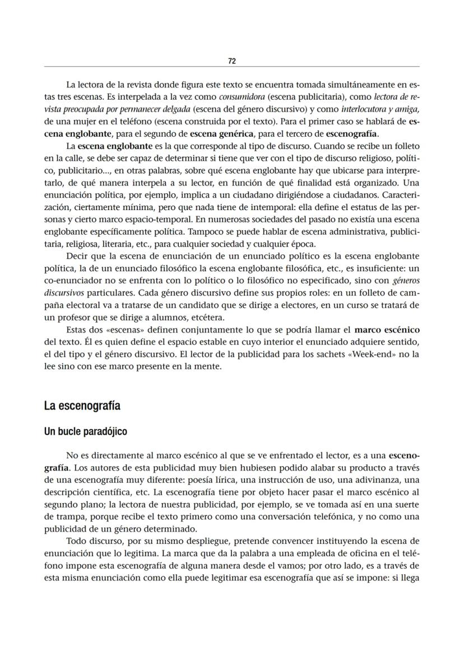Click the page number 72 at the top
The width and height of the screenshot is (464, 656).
point(231,61)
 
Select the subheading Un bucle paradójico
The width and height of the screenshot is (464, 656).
point(85,432)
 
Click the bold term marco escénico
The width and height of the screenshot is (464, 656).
point(387,330)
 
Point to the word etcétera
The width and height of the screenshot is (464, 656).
point(206,317)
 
